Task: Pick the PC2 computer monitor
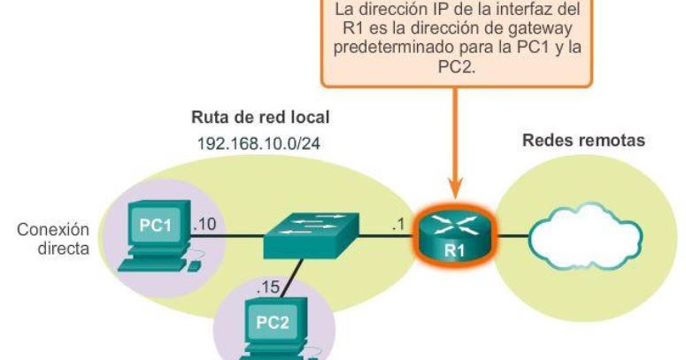click(273, 323)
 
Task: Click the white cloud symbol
click(585, 236)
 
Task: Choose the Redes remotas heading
click(583, 141)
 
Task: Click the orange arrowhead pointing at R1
click(455, 188)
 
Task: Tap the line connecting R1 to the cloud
click(513, 236)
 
